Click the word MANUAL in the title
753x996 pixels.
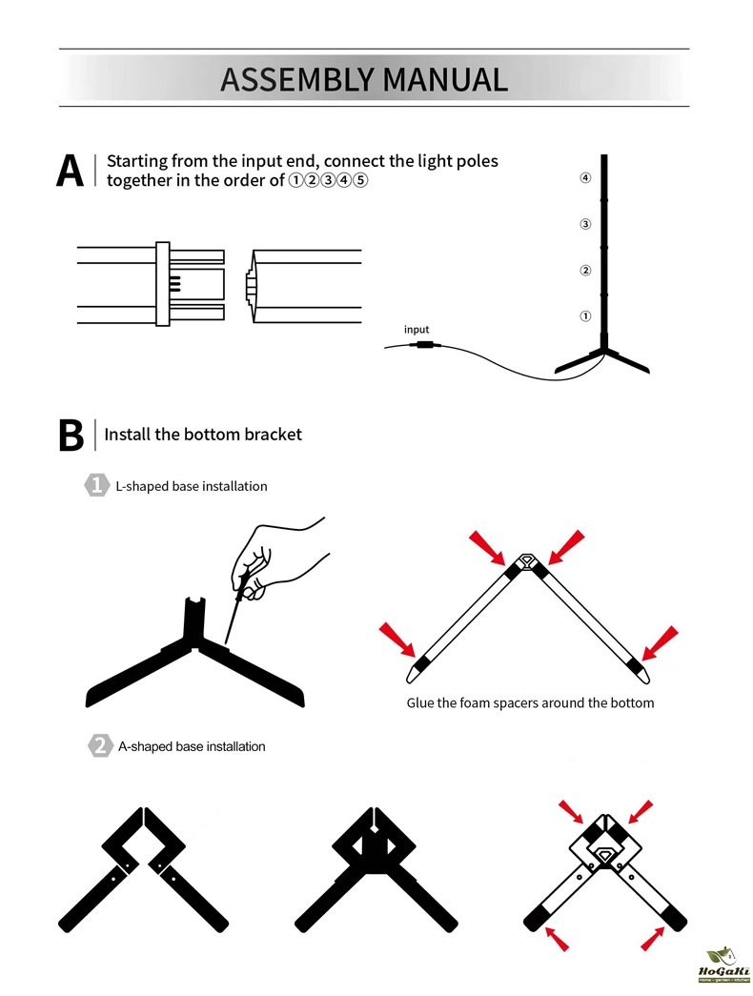(445, 79)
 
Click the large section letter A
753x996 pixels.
(71, 172)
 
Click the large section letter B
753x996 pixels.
(71, 435)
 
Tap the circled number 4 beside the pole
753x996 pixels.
(585, 178)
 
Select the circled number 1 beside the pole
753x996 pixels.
(585, 315)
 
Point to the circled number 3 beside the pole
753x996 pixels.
(585, 225)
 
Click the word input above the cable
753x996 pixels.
(417, 330)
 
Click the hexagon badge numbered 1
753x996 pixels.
(96, 485)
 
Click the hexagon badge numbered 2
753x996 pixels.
(98, 746)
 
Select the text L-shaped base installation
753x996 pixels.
(191, 486)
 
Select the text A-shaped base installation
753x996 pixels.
(191, 746)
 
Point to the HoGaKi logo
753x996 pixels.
(724, 965)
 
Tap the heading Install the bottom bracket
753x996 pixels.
(203, 435)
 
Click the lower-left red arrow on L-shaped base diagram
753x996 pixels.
(396, 639)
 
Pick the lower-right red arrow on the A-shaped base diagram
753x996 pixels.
(653, 938)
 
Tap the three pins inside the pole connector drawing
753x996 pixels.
(175, 283)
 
